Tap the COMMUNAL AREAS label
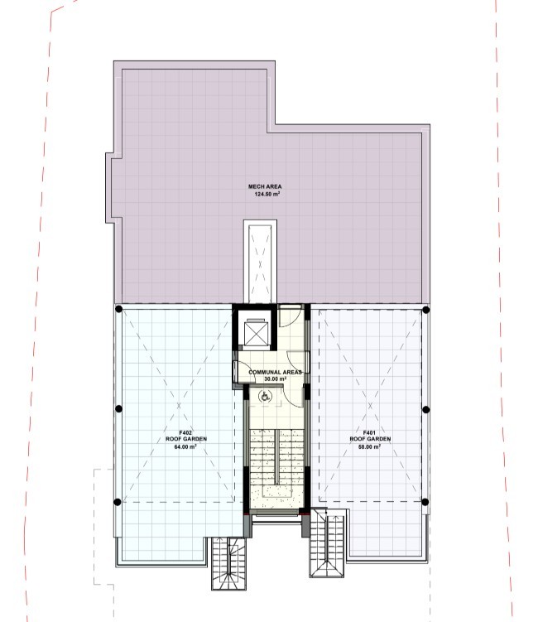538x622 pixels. (x=275, y=372)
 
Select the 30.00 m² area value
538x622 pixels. (x=275, y=379)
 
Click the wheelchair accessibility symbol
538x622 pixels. (x=264, y=396)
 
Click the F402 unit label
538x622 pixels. (x=185, y=433)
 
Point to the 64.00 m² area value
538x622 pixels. (x=185, y=446)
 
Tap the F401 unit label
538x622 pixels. (x=369, y=433)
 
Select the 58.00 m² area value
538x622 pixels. (x=369, y=446)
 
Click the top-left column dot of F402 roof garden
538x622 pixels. (x=118, y=309)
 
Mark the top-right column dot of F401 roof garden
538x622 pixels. (x=425, y=310)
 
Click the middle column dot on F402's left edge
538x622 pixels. (x=118, y=408)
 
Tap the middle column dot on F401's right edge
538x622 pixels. (x=425, y=409)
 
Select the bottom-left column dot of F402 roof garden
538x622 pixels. (x=117, y=502)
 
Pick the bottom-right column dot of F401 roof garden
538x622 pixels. (x=425, y=502)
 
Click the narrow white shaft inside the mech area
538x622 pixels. (x=260, y=263)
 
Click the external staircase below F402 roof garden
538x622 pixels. (x=228, y=563)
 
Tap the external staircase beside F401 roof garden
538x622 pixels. (x=327, y=543)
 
